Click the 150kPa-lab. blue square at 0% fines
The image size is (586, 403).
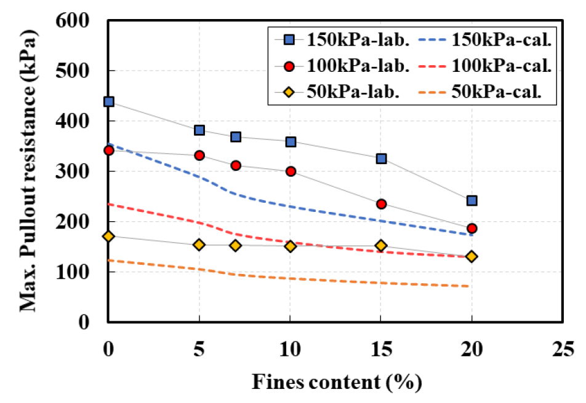(x=108, y=101)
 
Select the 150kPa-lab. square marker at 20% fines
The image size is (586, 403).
(x=472, y=200)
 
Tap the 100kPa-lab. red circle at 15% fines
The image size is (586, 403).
(x=381, y=204)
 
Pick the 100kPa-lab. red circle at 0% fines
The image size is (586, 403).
(x=108, y=150)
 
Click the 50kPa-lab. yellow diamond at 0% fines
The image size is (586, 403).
(x=108, y=236)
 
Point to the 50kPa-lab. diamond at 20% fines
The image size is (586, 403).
(x=472, y=256)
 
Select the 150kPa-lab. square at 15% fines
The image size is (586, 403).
(x=381, y=158)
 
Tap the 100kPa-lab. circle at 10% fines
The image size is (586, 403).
(x=291, y=171)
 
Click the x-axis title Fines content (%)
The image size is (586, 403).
(x=336, y=382)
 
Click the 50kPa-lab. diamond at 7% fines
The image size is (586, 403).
(x=236, y=246)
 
